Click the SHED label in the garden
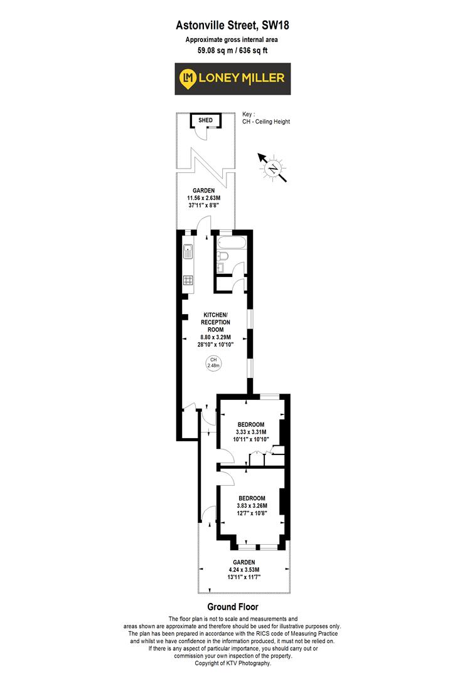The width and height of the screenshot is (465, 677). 206,120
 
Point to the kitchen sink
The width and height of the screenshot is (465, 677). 188,252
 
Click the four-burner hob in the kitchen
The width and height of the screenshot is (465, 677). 188,280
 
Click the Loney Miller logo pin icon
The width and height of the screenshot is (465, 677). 188,78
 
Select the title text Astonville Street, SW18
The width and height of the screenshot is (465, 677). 232,26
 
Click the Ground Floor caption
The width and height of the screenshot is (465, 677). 232,607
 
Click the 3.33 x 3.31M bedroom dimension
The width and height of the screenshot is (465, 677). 251,432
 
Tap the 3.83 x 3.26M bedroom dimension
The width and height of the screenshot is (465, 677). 251,506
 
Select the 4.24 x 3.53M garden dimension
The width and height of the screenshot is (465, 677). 243,569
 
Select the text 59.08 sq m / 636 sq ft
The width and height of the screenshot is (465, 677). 232,50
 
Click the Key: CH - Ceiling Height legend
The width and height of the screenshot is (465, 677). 266,118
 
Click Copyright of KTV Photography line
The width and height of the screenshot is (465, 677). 232,663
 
